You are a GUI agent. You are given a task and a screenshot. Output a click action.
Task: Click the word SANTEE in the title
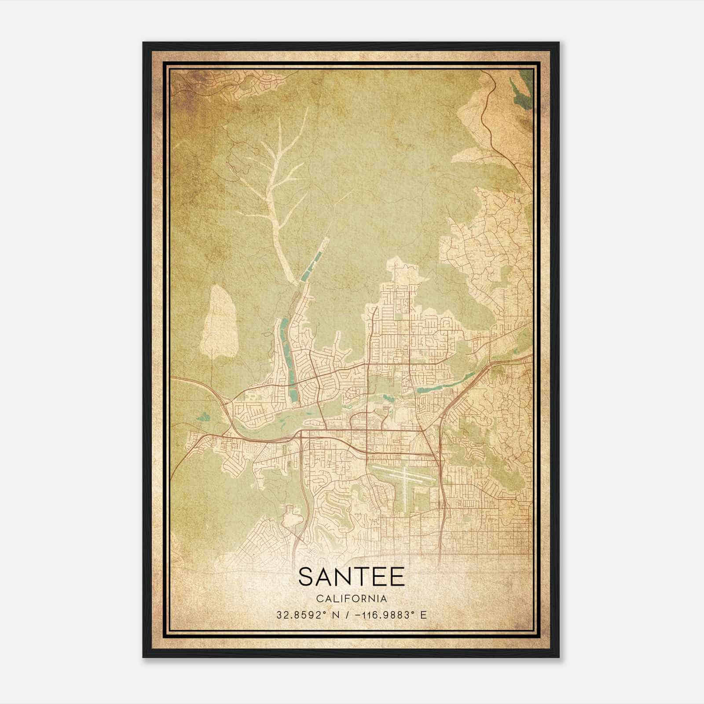point(352,577)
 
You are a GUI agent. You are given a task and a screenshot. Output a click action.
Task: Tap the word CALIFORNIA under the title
point(352,599)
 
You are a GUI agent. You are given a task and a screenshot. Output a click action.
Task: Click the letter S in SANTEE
point(306,577)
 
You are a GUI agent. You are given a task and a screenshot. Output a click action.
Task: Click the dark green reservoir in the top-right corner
point(523,90)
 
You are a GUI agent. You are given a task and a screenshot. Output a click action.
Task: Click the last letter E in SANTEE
point(397,577)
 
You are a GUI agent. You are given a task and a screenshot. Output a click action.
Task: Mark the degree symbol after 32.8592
point(326,612)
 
